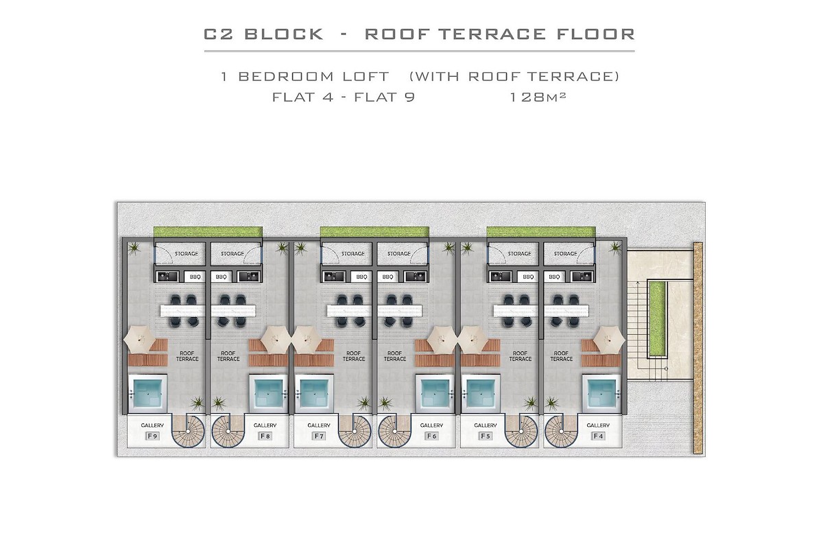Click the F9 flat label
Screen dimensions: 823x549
tap(152, 436)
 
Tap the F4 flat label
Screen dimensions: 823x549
tap(598, 436)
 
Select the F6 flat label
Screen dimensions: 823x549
tap(431, 436)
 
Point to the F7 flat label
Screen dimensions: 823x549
tap(318, 436)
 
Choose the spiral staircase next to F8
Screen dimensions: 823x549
tap(226, 431)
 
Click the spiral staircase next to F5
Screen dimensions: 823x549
tap(521, 431)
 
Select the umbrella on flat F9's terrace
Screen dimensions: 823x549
tap(140, 340)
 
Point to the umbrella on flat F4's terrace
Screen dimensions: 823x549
tap(609, 340)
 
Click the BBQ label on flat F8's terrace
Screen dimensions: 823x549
tap(221, 277)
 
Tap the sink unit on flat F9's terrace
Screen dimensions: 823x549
tap(167, 277)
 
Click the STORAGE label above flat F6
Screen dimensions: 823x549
tap(399, 254)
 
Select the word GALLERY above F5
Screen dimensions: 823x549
tap(486, 425)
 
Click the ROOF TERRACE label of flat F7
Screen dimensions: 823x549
tap(354, 356)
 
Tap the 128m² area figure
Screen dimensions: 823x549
tap(538, 97)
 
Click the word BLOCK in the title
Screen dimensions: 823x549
tap(284, 34)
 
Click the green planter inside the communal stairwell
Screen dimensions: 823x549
tap(656, 320)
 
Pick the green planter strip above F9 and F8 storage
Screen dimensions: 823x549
tap(208, 233)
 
